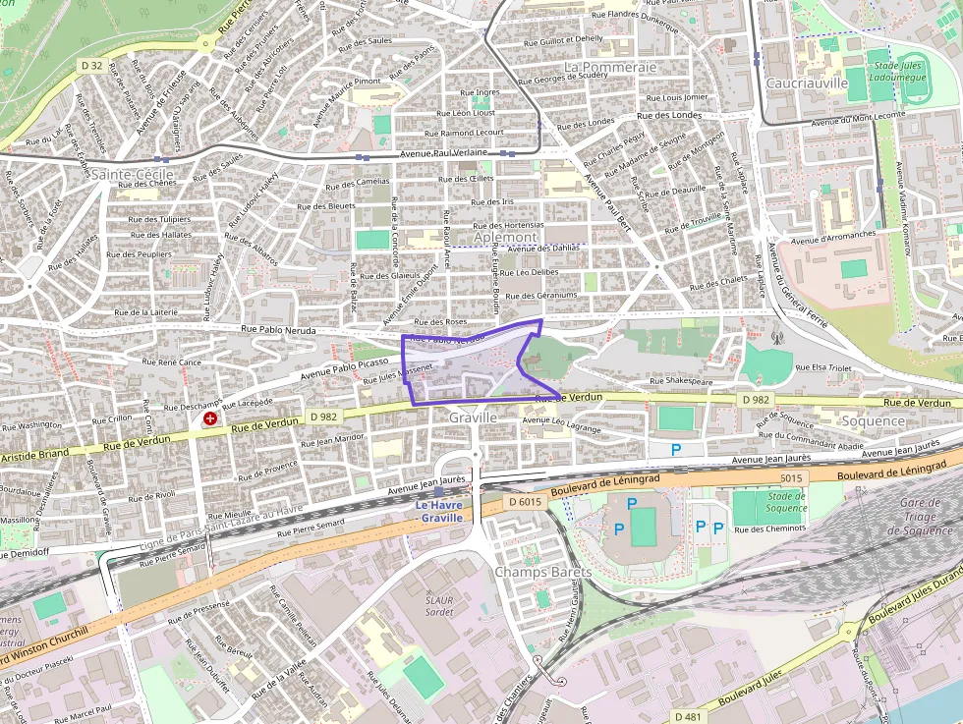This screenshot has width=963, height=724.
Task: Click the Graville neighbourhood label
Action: coord(472,418)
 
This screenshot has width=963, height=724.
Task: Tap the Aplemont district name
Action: coord(505,238)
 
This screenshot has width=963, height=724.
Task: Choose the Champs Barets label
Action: coord(542,572)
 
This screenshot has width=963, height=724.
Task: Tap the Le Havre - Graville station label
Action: coord(438,512)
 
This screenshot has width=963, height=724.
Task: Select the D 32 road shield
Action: coord(91,65)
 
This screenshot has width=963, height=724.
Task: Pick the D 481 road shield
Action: coord(687,716)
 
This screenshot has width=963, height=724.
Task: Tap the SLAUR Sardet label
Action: coord(438,605)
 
